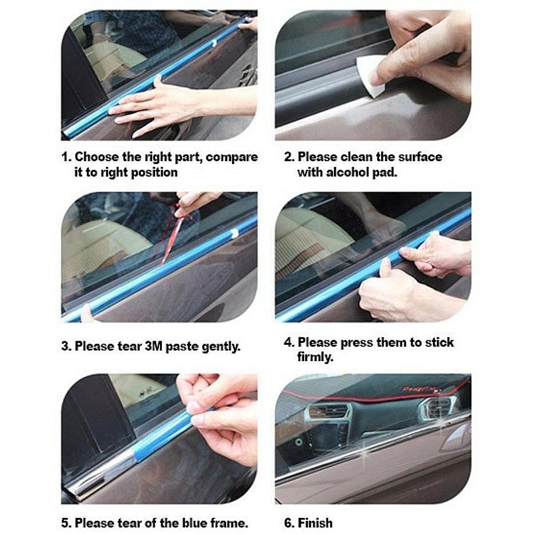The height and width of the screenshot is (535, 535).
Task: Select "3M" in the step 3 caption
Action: coord(153,346)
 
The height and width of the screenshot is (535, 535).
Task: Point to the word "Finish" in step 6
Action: coord(315,522)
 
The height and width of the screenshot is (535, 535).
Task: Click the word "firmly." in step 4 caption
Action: coord(315,357)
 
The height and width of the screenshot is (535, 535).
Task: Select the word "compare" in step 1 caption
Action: coord(232,158)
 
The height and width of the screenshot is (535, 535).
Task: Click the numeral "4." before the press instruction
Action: coord(289,342)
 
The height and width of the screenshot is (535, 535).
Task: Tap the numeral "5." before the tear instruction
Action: coord(67,522)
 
